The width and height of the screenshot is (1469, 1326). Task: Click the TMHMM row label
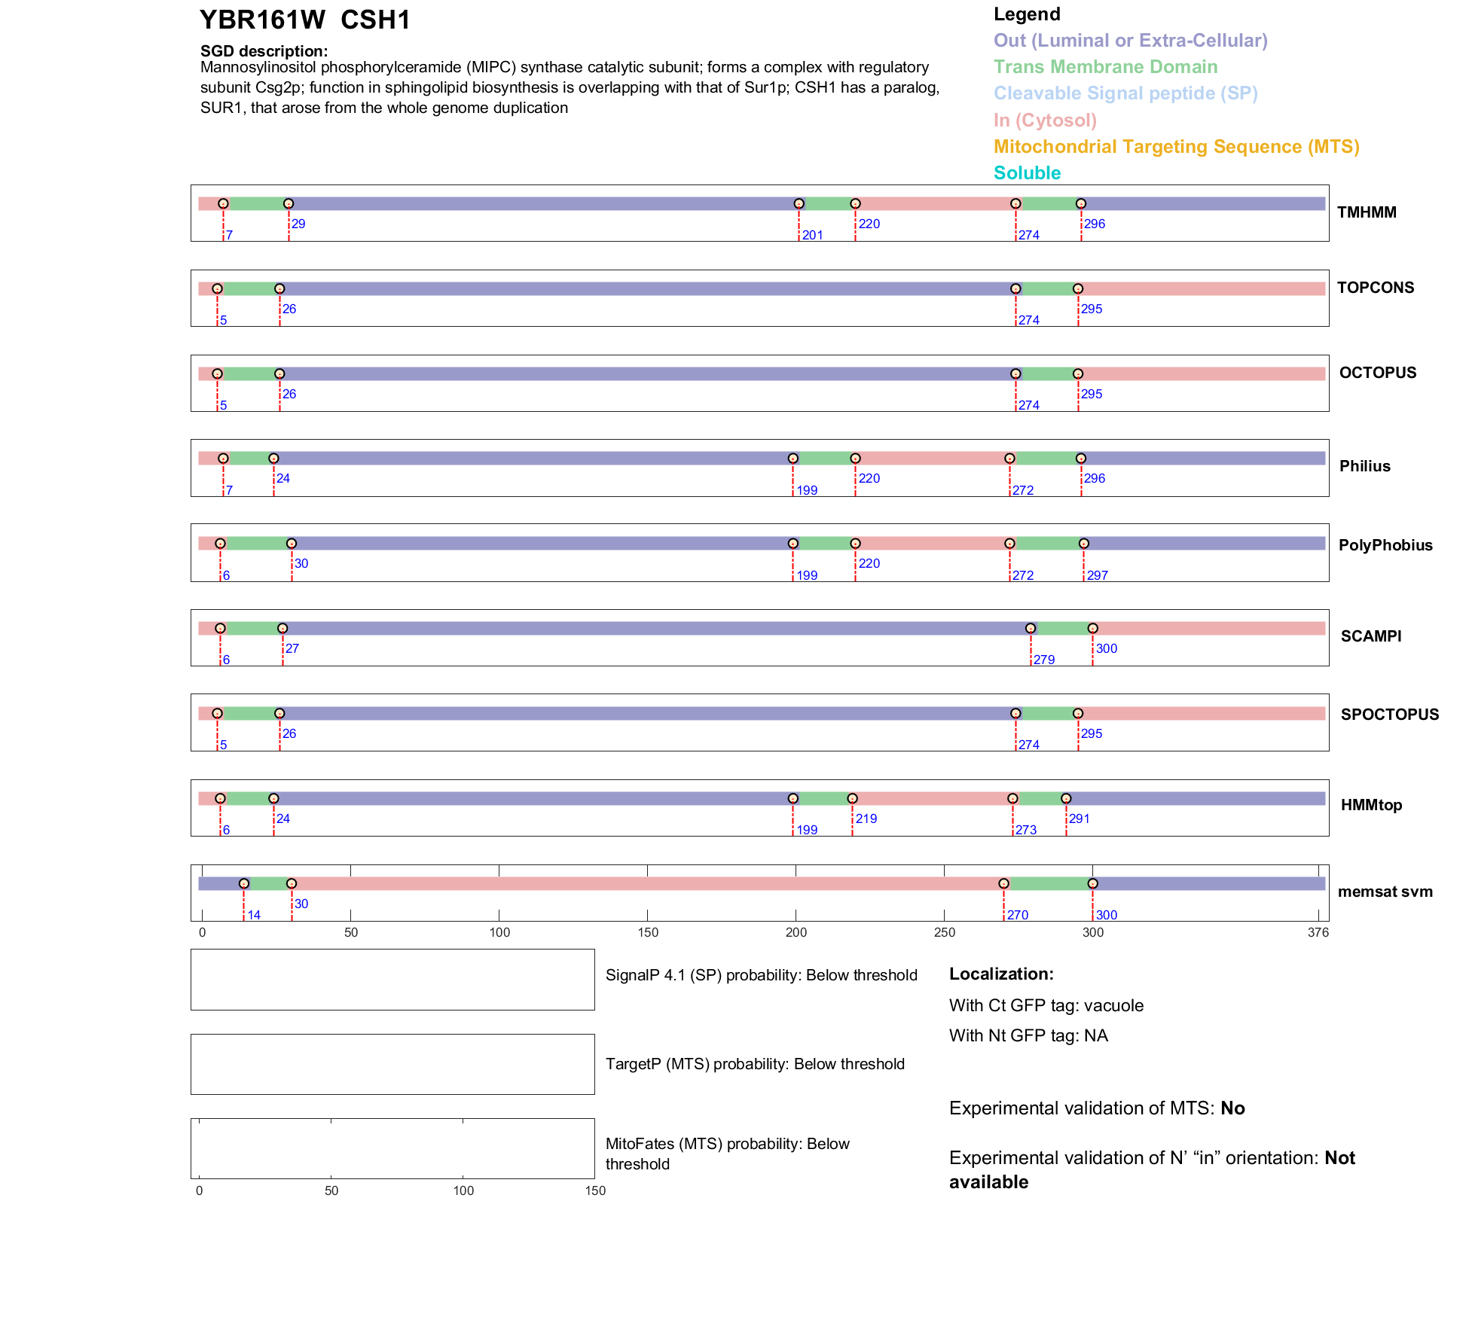tap(1367, 212)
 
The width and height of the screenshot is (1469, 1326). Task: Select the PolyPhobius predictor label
tap(1385, 545)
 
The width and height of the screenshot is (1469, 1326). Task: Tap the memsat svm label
tap(1385, 892)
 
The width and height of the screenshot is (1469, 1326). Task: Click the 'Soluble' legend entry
tap(1027, 172)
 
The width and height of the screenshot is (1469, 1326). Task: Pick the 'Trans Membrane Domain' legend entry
tap(1105, 67)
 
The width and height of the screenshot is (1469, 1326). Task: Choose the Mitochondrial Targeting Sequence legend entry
tap(1176, 146)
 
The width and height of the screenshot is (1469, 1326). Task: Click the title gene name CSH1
tap(375, 20)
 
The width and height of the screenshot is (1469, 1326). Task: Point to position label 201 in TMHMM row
tap(812, 235)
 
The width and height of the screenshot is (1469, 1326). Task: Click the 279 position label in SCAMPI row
tap(1043, 660)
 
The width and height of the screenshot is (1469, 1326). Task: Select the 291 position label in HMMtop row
tap(1079, 818)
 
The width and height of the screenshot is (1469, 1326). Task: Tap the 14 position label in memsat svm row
tap(254, 915)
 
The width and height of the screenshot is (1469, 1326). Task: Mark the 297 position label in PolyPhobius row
tap(1097, 575)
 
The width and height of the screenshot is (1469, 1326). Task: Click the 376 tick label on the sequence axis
tap(1318, 932)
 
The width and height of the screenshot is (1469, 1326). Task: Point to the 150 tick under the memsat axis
tap(648, 932)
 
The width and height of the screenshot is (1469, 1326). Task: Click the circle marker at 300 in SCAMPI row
tap(1092, 628)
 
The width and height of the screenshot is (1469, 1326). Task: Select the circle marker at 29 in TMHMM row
tap(289, 203)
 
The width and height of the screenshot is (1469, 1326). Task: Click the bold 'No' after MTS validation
tap(1232, 1108)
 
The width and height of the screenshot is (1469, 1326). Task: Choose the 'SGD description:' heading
tap(264, 51)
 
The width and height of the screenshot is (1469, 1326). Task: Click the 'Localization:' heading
tap(1001, 974)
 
